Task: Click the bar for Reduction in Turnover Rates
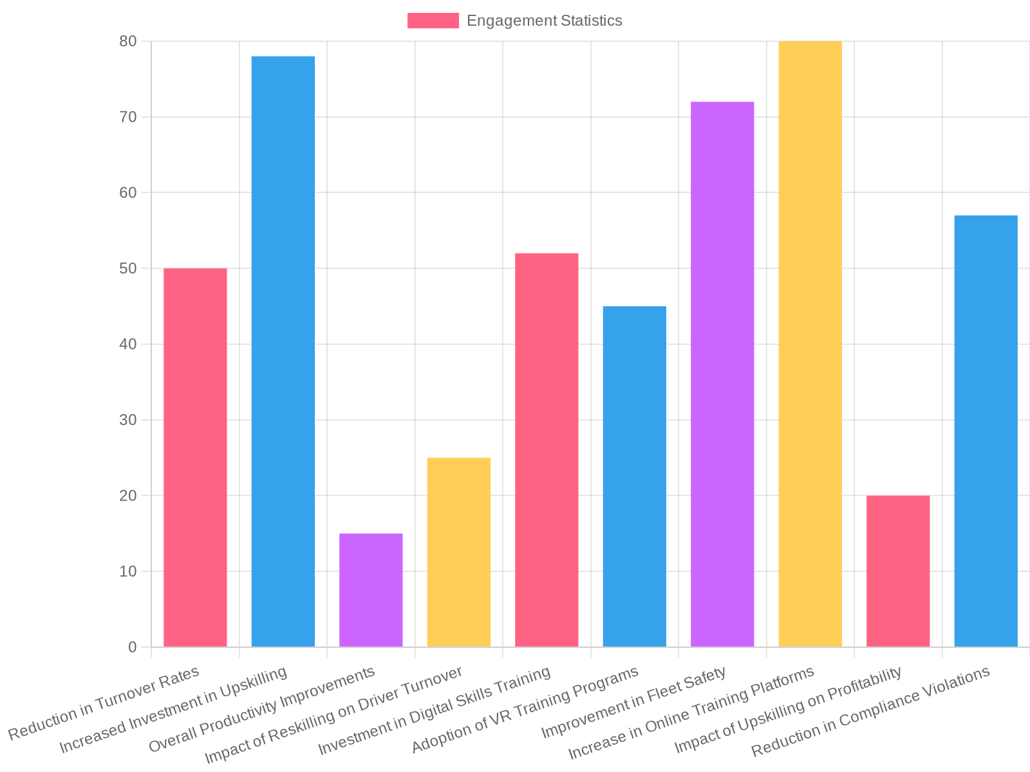pos(195,457)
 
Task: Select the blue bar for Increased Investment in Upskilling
pos(283,351)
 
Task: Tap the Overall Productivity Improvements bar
pos(371,590)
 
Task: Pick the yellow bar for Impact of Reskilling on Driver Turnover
pos(459,552)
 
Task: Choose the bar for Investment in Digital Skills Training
pos(547,450)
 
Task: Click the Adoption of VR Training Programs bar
pos(635,476)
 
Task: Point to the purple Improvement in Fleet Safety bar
pos(722,374)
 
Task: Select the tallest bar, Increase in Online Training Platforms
pos(810,344)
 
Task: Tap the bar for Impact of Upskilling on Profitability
pos(898,571)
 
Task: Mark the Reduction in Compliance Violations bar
pos(986,431)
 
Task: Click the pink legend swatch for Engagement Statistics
pos(433,21)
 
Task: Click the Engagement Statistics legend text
pos(544,21)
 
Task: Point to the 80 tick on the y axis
pos(127,41)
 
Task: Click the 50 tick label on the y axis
pos(127,268)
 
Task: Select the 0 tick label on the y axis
pos(132,647)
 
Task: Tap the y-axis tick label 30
pos(127,420)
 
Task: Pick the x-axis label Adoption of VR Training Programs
pos(525,709)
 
